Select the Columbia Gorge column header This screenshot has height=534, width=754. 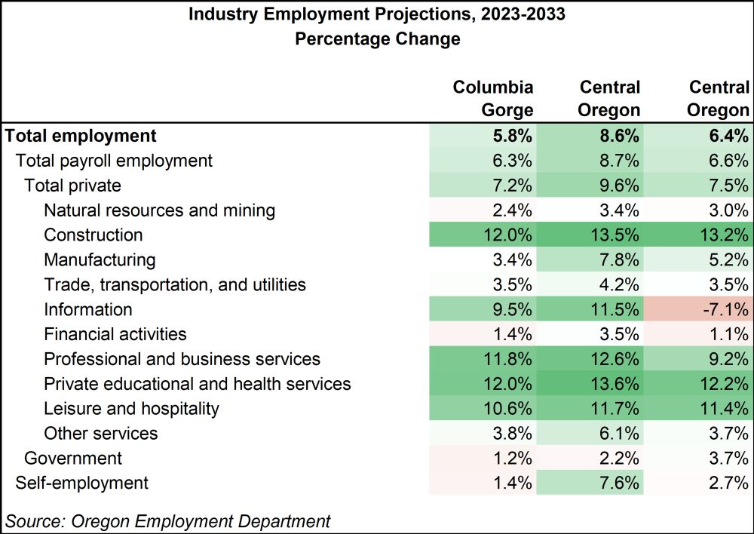click(493, 99)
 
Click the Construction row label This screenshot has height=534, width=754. click(93, 235)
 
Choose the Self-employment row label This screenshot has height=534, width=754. click(82, 483)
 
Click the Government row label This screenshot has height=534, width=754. click(73, 458)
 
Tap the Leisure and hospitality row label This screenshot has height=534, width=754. click(132, 409)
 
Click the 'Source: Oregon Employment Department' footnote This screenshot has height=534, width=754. click(168, 520)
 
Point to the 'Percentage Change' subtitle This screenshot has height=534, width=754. click(377, 39)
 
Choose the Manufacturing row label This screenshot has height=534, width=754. click(100, 260)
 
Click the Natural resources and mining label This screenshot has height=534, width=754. click(160, 210)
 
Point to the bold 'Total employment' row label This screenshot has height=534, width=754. click(81, 136)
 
